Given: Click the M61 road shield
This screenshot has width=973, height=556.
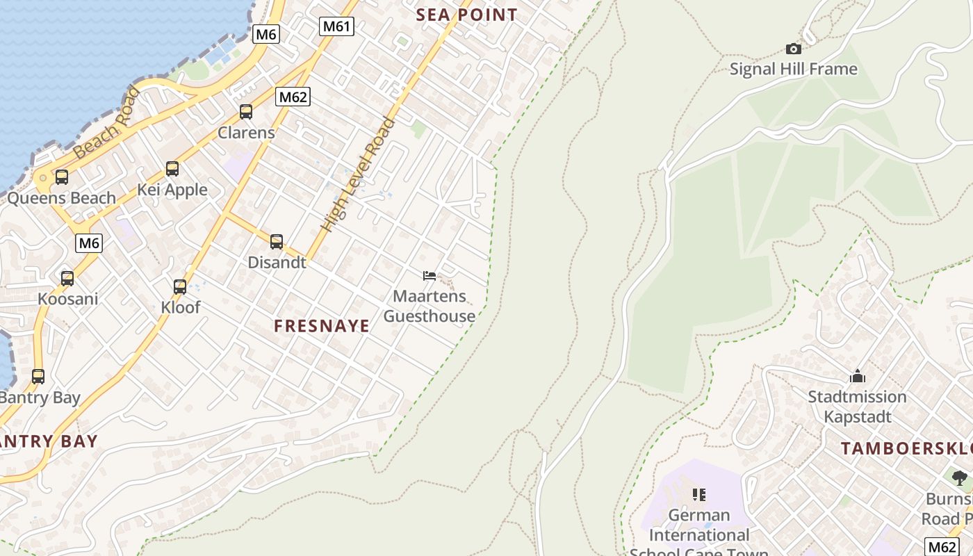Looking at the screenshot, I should point(337,26).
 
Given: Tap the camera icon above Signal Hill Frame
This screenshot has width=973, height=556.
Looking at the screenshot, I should point(793,49).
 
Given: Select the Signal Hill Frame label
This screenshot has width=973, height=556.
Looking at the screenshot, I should point(793,69).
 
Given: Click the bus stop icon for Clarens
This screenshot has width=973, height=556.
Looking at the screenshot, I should point(245,111).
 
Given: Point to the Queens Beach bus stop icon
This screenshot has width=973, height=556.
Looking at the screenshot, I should point(62,177).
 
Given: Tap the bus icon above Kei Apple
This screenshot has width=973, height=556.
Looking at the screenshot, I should point(172,169).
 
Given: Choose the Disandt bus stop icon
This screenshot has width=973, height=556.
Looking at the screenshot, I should point(277,242).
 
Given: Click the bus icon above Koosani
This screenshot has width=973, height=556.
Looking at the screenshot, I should point(67,279).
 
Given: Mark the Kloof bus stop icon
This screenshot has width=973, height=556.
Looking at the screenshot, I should point(180,286).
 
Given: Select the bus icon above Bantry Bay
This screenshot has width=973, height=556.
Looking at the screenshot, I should point(38,377).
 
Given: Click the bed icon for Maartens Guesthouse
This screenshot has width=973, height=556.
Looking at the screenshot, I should point(430,276).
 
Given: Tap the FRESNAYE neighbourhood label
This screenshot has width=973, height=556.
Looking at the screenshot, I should point(322,326).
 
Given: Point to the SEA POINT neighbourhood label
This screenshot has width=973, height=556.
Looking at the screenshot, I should point(466,15).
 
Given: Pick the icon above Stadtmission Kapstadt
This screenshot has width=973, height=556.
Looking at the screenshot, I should point(857,377).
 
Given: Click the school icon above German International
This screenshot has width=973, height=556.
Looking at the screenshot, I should point(699,495).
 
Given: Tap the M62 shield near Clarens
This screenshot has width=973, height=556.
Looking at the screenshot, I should point(292,97).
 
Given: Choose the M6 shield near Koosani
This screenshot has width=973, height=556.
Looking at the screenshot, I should point(89,243).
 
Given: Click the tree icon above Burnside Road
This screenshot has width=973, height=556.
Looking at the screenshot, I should point(960,478).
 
